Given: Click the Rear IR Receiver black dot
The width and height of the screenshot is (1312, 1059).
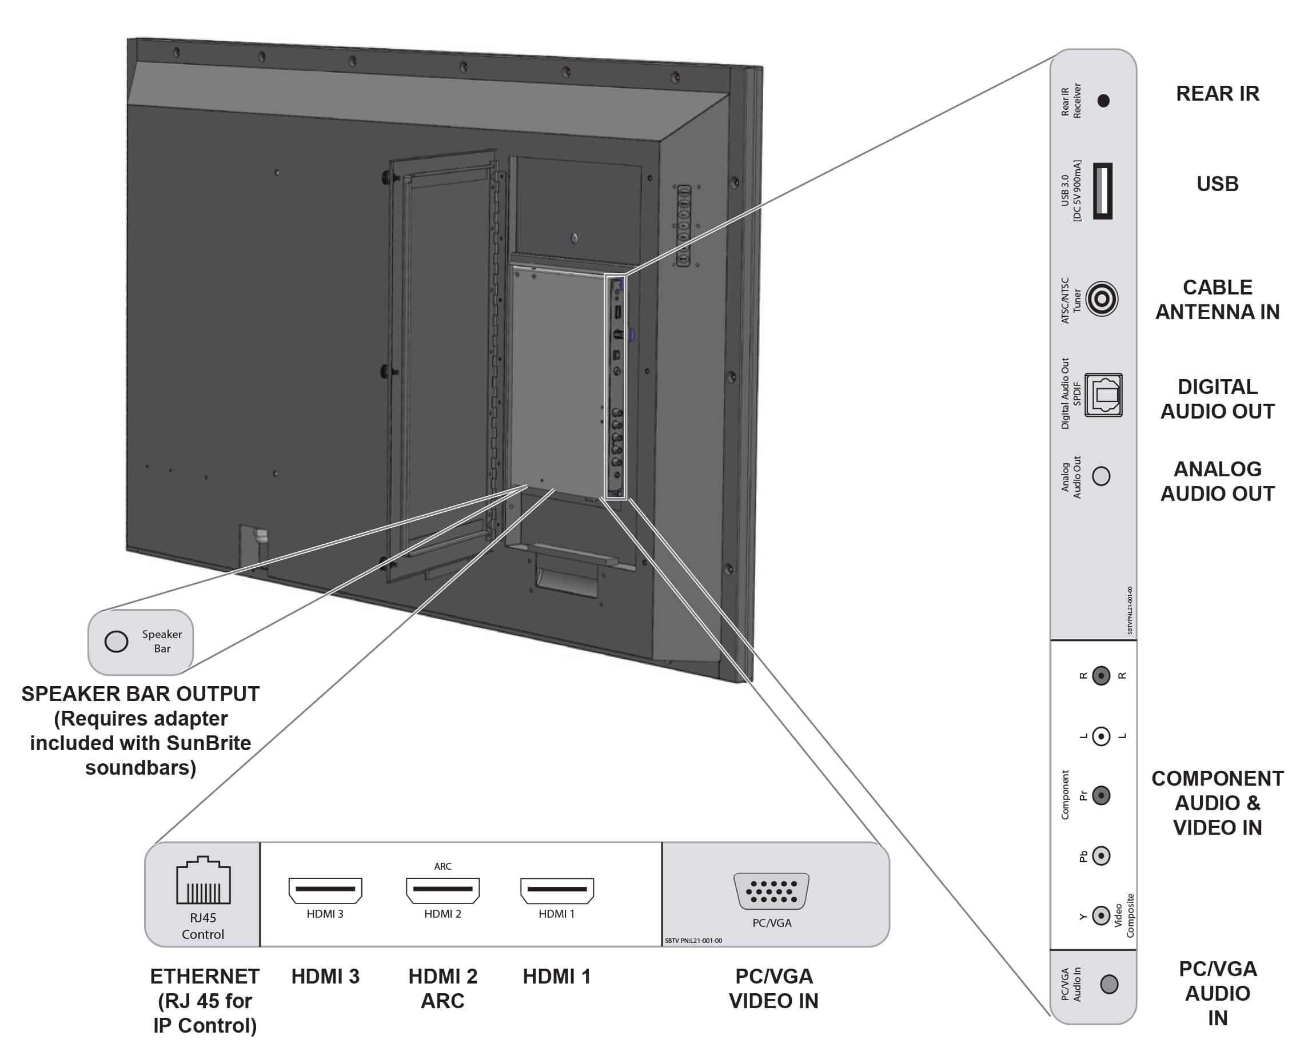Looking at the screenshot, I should (1103, 101).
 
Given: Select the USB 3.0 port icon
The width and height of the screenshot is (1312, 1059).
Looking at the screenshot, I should (1102, 191).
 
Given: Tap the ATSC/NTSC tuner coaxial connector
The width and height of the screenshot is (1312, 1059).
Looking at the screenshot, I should (1102, 299).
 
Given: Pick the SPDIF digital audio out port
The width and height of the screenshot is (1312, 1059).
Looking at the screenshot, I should (1103, 395).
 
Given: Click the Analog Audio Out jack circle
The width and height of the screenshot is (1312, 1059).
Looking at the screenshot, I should (1101, 476).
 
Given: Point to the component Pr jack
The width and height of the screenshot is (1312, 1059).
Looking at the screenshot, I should (1101, 795).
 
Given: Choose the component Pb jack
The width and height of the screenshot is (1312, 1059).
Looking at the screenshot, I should (1101, 856).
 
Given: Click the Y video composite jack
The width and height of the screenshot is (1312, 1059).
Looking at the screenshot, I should (1101, 915).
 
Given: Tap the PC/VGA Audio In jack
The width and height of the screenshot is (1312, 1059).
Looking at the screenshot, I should (1109, 984).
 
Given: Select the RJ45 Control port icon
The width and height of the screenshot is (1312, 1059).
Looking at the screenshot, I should (203, 880).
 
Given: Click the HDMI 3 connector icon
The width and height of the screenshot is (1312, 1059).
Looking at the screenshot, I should (325, 890).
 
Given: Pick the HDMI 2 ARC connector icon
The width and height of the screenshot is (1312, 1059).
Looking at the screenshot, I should (443, 890).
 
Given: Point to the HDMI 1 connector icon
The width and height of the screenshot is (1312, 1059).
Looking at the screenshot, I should (557, 890).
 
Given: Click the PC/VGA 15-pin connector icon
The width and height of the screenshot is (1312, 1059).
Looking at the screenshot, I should (772, 891).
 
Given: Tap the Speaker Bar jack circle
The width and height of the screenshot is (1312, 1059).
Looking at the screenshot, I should (116, 641).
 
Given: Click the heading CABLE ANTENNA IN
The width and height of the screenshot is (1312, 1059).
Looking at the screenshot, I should (1217, 300).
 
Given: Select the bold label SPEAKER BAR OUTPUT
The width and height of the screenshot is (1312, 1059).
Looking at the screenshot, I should (140, 694).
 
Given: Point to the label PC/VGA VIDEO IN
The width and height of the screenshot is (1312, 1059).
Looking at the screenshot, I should (773, 988).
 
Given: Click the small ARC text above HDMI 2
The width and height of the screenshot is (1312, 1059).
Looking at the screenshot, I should (443, 866).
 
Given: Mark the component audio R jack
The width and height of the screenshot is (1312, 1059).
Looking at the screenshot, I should (1101, 676).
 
